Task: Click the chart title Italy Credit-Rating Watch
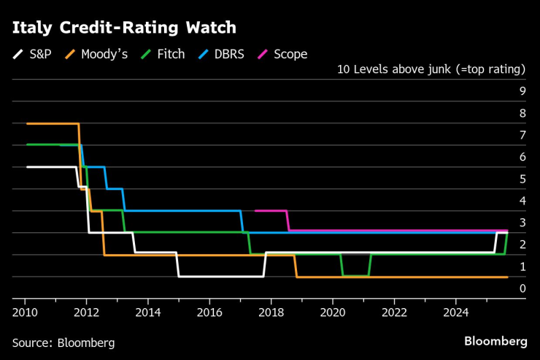pos(124,28)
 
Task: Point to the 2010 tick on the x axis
pos(25,310)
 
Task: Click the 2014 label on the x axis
pos(148,310)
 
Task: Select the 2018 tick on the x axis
pos(271,310)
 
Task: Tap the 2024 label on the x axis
pos(455,310)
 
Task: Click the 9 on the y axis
pos(522,91)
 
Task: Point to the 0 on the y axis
pos(522,288)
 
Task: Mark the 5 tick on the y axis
pos(522,179)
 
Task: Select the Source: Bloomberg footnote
pos(63,342)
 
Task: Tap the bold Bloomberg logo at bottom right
pos(495,341)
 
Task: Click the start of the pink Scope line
pos(255,210)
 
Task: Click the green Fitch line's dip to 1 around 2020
pos(355,275)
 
